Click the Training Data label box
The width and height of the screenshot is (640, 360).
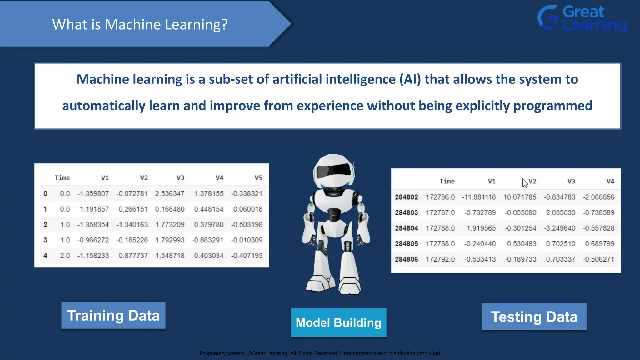click(113, 315)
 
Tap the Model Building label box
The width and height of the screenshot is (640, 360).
click(338, 322)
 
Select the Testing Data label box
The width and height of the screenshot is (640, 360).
click(534, 317)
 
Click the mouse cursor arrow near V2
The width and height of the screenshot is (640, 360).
click(525, 183)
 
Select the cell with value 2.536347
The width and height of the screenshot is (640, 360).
click(170, 194)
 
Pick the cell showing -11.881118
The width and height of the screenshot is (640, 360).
click(479, 197)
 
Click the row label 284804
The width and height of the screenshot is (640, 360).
click(406, 228)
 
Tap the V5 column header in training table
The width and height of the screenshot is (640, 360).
click(258, 178)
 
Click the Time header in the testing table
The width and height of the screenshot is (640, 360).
click(447, 181)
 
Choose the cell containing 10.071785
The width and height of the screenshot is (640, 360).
click(520, 197)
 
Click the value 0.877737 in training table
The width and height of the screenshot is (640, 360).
click(133, 256)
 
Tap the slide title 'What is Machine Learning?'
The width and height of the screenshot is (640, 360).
click(140, 24)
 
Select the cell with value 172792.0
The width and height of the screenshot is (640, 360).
click(440, 259)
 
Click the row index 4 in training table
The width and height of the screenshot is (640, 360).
click(45, 256)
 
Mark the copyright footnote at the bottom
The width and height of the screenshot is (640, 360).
click(320, 353)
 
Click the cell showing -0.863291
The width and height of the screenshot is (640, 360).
click(208, 240)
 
